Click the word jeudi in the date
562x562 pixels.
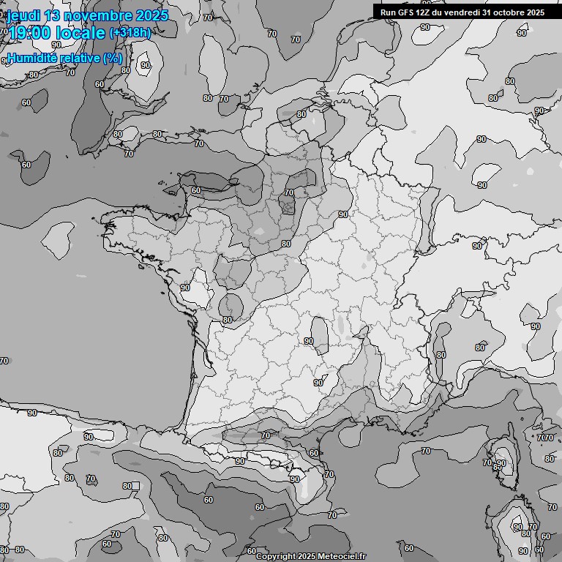[x=24, y=15]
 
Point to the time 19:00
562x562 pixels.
[x=29, y=33]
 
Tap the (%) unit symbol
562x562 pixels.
[x=113, y=59]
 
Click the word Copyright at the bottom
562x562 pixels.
[x=275, y=557]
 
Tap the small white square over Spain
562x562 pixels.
[x=135, y=485]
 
